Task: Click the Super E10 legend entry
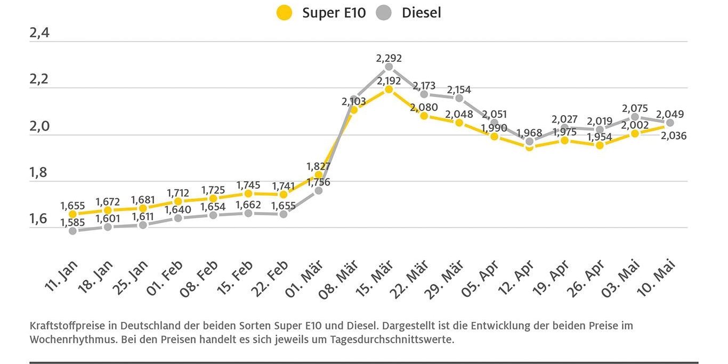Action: point(322,13)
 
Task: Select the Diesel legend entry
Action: point(409,13)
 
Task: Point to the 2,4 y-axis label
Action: point(39,33)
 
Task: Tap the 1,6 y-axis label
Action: point(39,219)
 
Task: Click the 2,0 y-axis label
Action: point(39,126)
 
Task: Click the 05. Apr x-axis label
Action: point(481,278)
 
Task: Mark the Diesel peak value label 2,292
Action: point(389,58)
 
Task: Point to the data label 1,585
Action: point(72,222)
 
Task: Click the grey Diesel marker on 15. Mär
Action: point(389,67)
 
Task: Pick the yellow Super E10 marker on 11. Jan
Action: point(72,214)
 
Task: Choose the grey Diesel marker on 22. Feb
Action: point(283,214)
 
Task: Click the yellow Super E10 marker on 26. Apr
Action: point(600,145)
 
